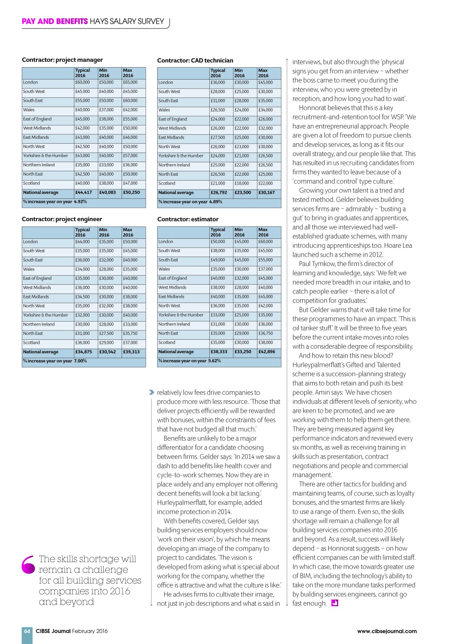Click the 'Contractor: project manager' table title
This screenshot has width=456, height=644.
pos(62,60)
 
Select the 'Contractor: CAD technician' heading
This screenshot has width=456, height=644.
pos(195,60)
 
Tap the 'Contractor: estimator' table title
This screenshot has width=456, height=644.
pos(188,219)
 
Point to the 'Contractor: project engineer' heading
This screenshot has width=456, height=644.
pos(62,219)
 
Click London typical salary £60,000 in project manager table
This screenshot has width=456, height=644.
pos(82,82)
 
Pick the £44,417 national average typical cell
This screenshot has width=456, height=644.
pos(84,193)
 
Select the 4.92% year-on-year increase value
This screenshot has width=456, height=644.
pos(80,201)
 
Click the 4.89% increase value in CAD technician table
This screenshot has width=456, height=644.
pos(216,202)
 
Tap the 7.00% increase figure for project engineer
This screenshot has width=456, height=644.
pos(81,361)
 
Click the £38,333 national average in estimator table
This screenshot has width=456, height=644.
pos(219,352)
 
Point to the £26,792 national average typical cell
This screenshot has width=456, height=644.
pos(219,193)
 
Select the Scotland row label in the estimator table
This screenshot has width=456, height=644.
pos(167,343)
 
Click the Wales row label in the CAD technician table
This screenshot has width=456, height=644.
pos(164,110)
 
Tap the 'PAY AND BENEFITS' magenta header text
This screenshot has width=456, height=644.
pos(55,21)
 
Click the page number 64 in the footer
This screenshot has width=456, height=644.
pos(27,631)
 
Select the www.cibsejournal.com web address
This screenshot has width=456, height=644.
pos(387,631)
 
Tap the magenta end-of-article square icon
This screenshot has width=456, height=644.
pos(335,603)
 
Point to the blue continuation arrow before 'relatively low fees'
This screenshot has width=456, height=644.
pos(151,392)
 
